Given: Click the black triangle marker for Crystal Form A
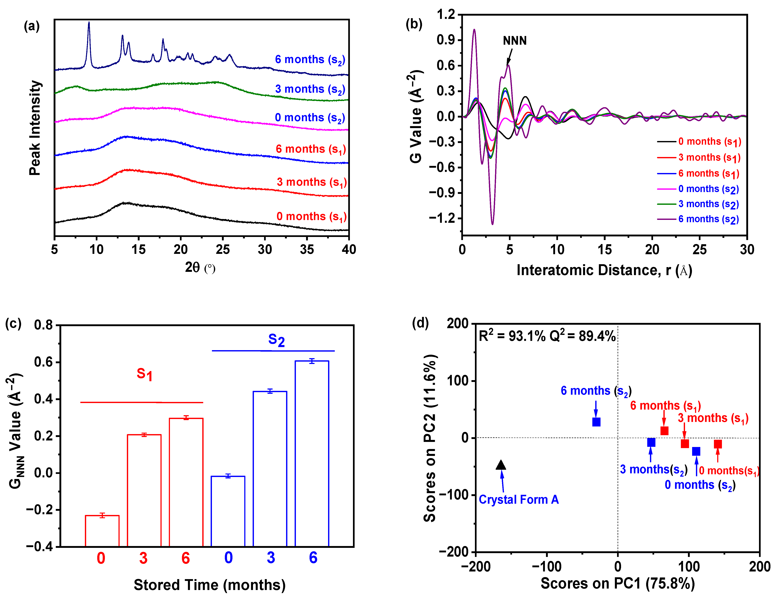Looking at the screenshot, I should (501, 465).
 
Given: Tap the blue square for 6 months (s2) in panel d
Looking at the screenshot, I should (596, 422).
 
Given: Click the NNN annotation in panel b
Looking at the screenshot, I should (515, 41).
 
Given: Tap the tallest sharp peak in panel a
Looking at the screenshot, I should (89, 23).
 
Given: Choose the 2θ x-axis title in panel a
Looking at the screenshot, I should (200, 267).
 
